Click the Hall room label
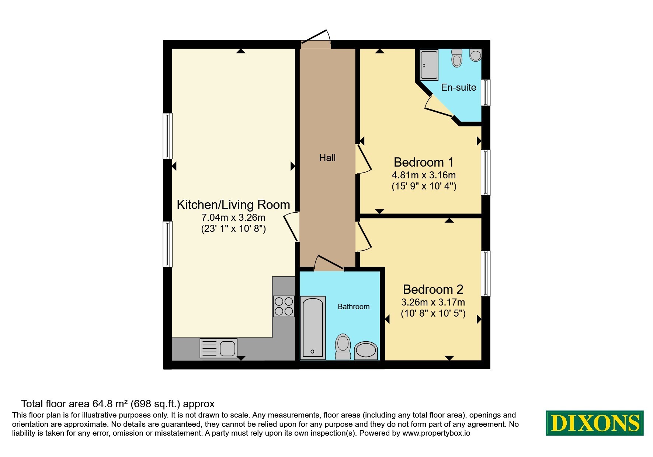coord(327,158)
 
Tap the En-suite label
coord(459,87)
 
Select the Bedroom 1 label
coord(424,162)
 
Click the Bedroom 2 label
coord(433,289)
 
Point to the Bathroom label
coord(354,307)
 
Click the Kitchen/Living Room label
coord(233,205)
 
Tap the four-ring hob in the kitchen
coord(284,306)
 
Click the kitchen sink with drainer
coord(218,348)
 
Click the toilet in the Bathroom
coord(343,347)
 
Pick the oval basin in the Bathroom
coord(366,350)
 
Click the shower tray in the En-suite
coord(429,65)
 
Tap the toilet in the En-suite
coord(457,58)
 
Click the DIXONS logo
coord(595,423)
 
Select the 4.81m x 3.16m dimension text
coord(424,175)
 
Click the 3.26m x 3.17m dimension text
coord(433,302)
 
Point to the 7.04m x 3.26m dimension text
coord(233,217)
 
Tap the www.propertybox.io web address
coord(436,433)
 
